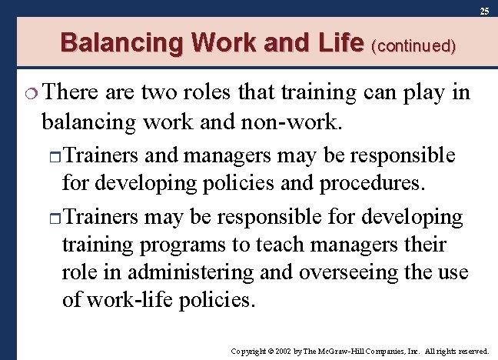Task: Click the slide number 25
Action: click(x=484, y=12)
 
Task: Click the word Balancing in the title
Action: click(x=120, y=42)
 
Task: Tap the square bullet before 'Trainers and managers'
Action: click(x=54, y=157)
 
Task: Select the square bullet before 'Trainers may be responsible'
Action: click(x=54, y=218)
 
